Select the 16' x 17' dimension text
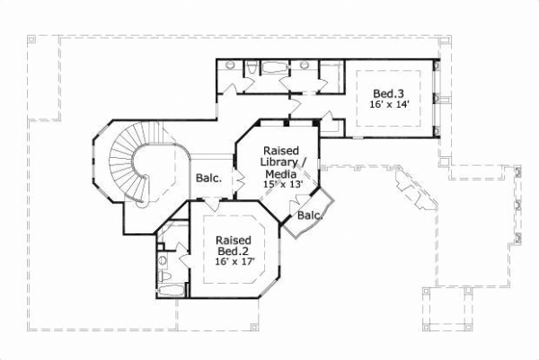point(236,262)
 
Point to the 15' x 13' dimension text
point(283,184)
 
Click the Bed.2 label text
point(234,250)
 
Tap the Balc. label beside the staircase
point(209,178)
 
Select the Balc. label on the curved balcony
point(309,215)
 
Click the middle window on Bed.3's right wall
point(437,98)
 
